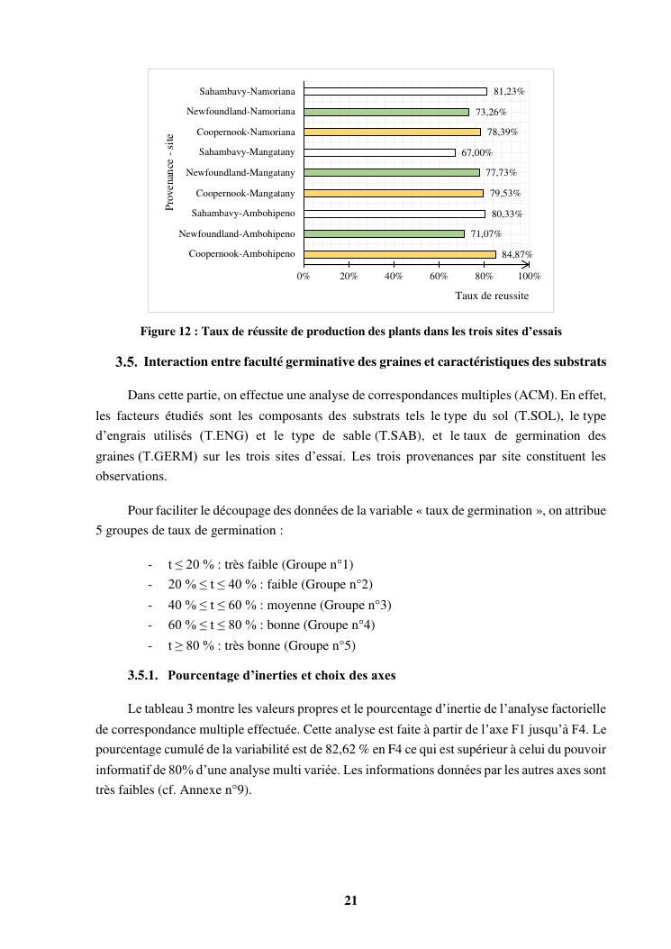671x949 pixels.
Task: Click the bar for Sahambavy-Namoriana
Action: click(395, 91)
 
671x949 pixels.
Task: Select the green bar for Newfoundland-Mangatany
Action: click(392, 172)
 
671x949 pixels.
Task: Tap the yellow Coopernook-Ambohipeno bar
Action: click(400, 254)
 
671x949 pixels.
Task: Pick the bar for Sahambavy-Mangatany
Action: click(379, 152)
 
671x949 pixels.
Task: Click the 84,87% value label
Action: click(517, 255)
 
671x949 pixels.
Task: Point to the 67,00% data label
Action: click(476, 153)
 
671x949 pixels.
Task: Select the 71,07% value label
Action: click(485, 234)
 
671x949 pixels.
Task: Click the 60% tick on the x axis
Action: click(439, 277)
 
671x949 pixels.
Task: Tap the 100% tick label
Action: click(529, 277)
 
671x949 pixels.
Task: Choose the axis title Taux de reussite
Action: click(492, 296)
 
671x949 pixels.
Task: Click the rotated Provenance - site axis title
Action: click(169, 172)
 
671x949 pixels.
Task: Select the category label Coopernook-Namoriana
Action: click(246, 132)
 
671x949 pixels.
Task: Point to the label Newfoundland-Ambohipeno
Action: click(237, 234)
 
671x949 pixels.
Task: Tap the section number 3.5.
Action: click(126, 362)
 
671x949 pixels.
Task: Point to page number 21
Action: click(351, 899)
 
